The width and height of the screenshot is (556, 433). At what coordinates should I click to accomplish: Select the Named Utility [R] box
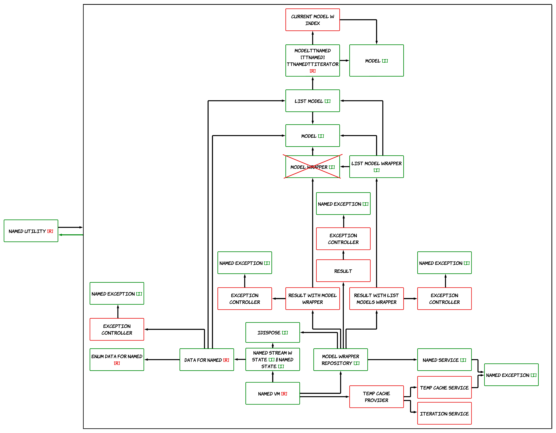(31, 231)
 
